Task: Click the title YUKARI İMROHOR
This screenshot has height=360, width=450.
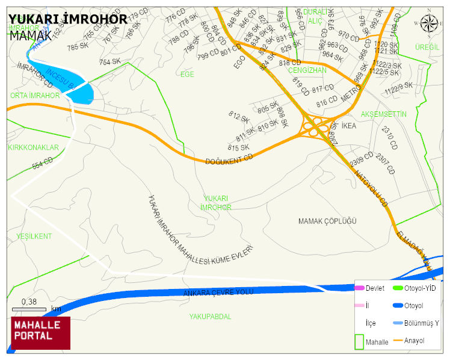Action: pos(68,19)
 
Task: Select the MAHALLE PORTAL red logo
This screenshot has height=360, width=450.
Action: pos(41,333)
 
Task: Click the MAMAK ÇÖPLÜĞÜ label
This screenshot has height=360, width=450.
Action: pos(327,222)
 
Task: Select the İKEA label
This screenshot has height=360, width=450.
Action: pos(349,126)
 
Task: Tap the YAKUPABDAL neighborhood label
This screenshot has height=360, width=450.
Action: pos(210,317)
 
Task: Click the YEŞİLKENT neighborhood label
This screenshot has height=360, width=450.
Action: pos(34,236)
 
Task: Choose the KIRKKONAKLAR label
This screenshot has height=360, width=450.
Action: pos(33,147)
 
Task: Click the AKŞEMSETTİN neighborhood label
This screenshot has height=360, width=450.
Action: pos(384,114)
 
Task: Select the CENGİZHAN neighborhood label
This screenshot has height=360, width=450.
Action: pos(307,70)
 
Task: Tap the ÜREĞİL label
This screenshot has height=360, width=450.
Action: pos(427,47)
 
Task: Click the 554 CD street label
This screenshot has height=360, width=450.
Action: pos(43,163)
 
